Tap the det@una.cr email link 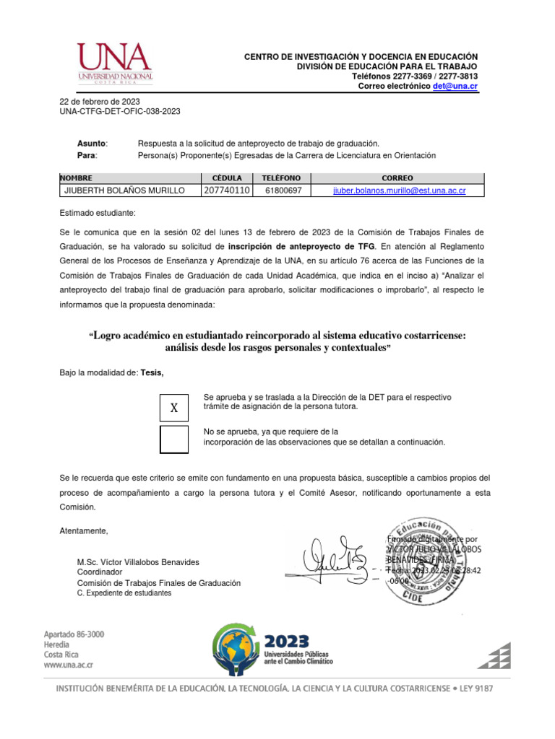tap(455, 86)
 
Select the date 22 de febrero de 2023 tap(100, 102)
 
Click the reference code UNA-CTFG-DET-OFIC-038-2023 tap(120, 112)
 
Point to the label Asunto tap(92, 144)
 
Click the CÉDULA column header tap(226, 178)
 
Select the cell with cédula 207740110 tap(226, 191)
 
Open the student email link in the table tap(399, 191)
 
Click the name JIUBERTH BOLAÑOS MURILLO tap(125, 191)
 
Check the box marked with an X tap(173, 408)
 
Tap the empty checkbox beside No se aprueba tap(173, 440)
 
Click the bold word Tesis tap(152, 372)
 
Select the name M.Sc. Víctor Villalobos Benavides tap(138, 562)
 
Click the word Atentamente tap(83, 531)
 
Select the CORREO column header tap(397, 178)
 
